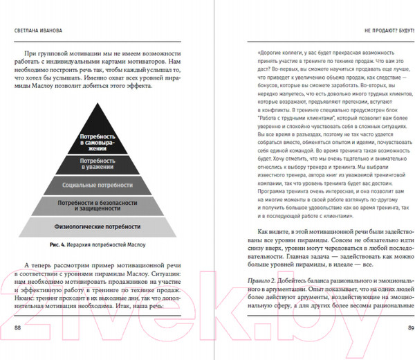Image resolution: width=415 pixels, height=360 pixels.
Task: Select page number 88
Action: coord(19,325)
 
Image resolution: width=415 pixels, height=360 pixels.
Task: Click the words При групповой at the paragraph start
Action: coord(60,53)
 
